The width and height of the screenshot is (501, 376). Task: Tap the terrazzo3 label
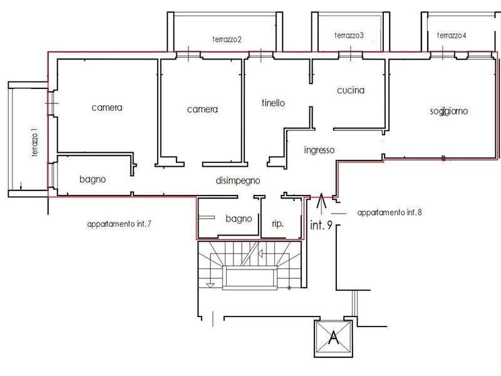[349, 36]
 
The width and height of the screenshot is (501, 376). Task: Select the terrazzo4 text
[452, 36]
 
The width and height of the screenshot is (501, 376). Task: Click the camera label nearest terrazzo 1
[106, 108]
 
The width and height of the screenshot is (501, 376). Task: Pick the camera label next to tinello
[202, 110]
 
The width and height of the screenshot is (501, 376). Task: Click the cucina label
[351, 90]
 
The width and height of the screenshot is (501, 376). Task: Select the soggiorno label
[449, 112]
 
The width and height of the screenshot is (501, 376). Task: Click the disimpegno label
[237, 180]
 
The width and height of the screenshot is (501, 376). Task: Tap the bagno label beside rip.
[239, 219]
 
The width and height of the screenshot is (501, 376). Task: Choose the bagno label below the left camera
[93, 179]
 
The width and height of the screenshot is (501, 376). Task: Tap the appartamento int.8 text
[390, 212]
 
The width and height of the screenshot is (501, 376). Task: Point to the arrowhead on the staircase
[258, 254]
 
